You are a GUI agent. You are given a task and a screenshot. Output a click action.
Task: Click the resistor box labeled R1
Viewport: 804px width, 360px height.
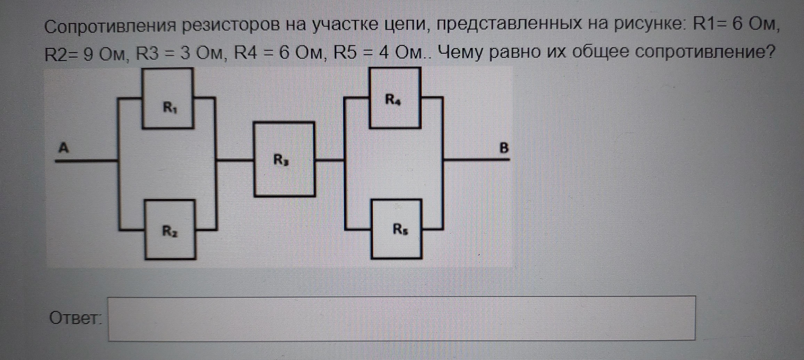pos(168,98)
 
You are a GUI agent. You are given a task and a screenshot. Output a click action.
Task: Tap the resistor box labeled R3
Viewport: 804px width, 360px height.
pos(284,159)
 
